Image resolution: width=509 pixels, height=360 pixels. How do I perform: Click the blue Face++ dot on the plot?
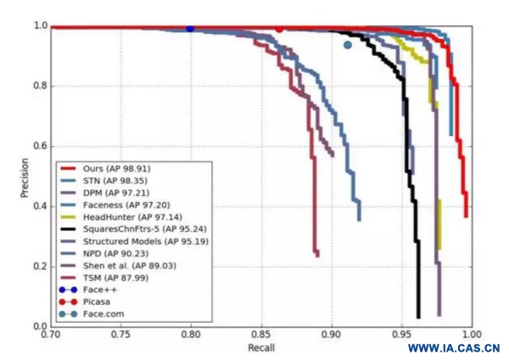190,28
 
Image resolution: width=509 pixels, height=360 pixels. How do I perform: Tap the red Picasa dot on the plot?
279,27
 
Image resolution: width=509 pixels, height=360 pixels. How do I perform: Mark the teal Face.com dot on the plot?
347,45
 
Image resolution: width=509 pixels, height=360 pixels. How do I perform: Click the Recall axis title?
260,349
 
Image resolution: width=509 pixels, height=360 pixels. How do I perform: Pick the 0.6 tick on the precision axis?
39,146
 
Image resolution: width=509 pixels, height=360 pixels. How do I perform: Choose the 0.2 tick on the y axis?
39,267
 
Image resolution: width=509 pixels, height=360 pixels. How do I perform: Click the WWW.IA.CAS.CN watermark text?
453,348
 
